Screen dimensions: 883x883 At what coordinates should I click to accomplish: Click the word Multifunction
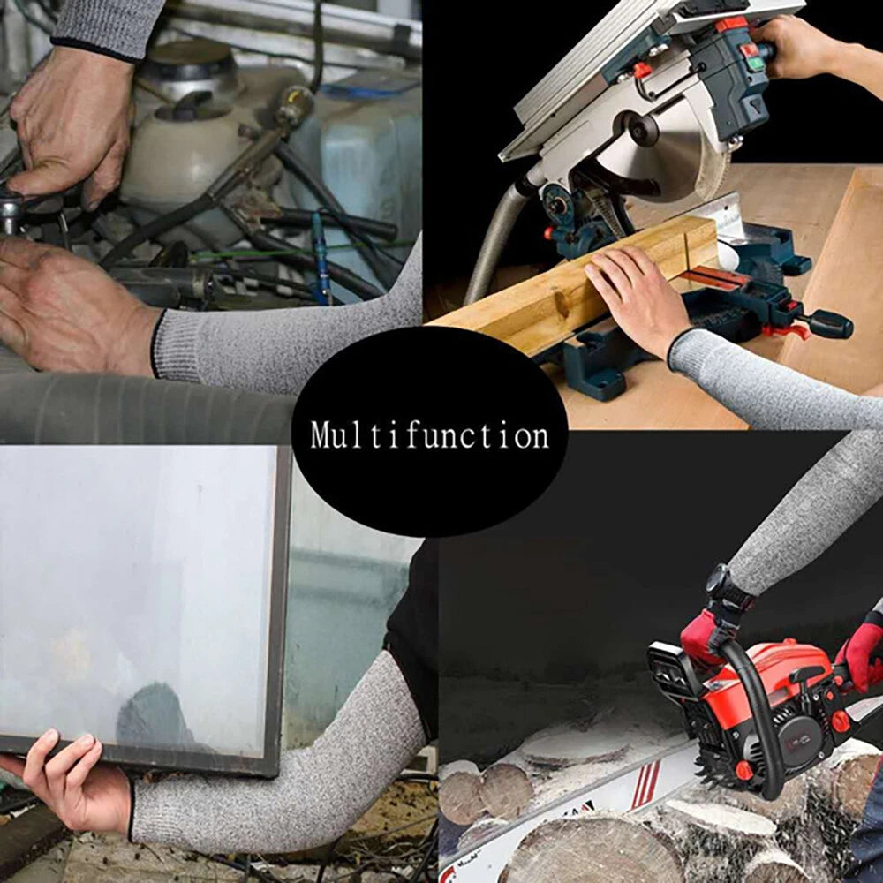pyautogui.click(x=429, y=436)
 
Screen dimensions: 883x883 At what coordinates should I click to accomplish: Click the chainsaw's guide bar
pyautogui.click(x=565, y=804)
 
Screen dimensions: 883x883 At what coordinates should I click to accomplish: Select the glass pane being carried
pyautogui.click(x=132, y=600)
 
